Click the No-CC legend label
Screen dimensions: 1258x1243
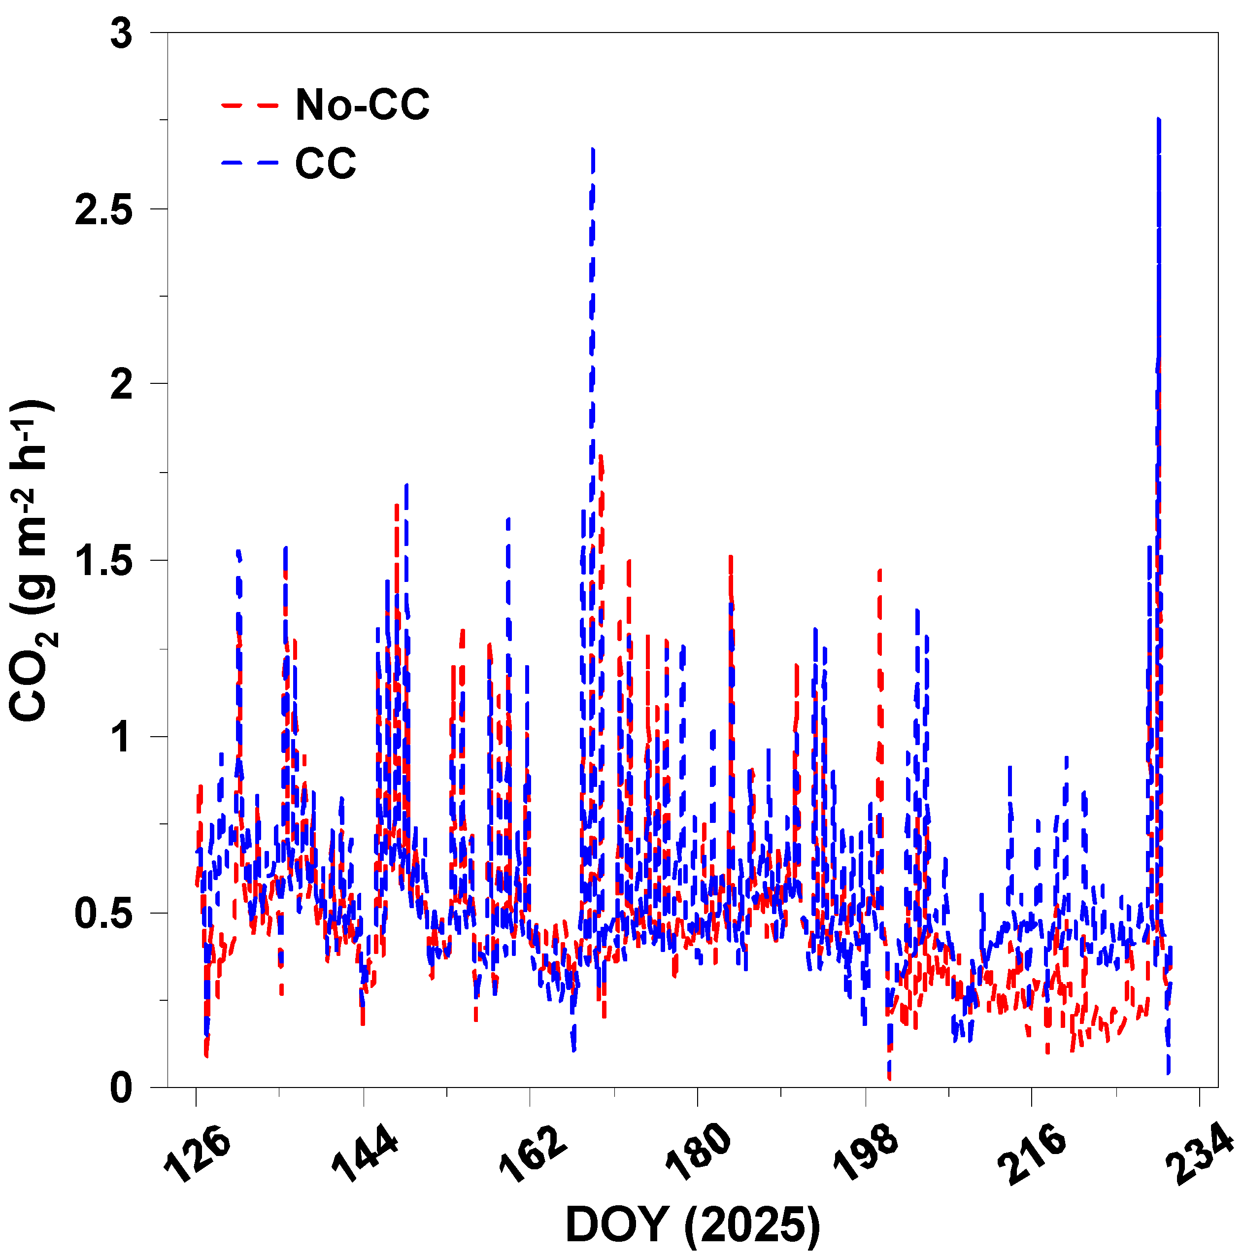coord(362,105)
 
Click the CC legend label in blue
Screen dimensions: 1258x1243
coord(326,164)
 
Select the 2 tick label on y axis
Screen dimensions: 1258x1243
coord(121,385)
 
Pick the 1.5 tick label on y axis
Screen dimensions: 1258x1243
coord(104,561)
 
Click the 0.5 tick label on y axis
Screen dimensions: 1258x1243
coord(104,914)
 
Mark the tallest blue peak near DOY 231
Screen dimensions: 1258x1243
coord(1159,120)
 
